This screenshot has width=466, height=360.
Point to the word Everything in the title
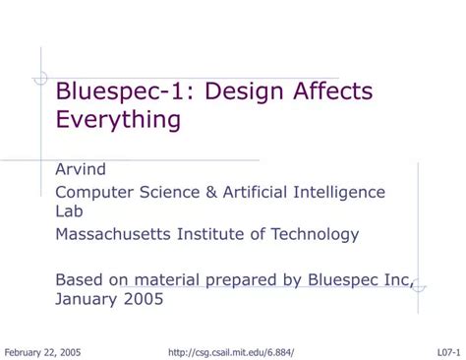click(x=118, y=120)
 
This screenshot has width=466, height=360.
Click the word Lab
click(x=68, y=210)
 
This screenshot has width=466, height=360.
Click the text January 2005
click(x=109, y=299)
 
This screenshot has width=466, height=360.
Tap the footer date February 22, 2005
click(x=43, y=351)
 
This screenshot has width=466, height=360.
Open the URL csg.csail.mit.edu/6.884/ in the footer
click(x=232, y=351)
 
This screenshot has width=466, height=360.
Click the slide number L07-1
click(x=449, y=351)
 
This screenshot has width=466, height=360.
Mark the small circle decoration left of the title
click(x=40, y=78)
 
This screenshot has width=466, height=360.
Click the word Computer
click(x=92, y=191)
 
